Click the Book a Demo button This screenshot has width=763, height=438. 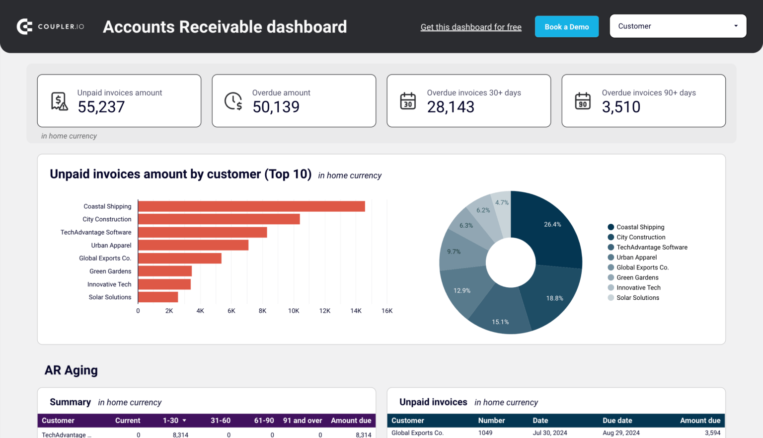tap(566, 27)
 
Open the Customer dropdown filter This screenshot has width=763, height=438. tap(678, 26)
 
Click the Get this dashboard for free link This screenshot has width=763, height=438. tap(470, 27)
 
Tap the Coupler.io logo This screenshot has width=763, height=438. tap(50, 27)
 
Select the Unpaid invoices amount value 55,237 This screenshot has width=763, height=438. tap(101, 107)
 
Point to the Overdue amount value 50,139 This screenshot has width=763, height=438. tap(276, 107)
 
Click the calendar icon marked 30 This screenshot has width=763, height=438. tap(408, 101)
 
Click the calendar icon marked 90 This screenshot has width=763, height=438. tap(583, 101)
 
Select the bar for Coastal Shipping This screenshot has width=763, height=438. tap(251, 206)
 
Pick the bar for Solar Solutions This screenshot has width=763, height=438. tap(158, 297)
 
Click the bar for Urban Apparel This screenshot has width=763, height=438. tap(193, 245)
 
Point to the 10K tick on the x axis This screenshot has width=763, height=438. tap(294, 311)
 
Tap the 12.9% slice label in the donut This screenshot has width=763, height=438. tap(462, 291)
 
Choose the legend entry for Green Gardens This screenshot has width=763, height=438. tap(637, 277)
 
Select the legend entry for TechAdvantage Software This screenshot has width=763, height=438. tap(651, 247)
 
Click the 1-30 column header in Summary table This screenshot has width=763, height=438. tap(171, 421)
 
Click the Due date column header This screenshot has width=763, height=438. tap(617, 421)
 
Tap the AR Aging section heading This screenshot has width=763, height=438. tap(71, 370)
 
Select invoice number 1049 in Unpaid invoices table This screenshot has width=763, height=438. tap(485, 433)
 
